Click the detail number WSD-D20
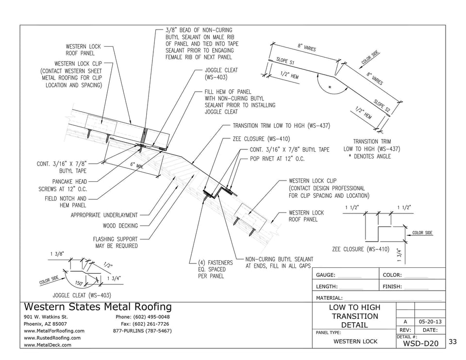(420, 344)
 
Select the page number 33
(452, 342)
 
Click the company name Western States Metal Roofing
(98, 307)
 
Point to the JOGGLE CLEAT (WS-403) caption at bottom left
(82, 295)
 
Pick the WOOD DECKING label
(120, 226)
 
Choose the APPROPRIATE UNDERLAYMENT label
(104, 215)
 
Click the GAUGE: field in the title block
(326, 275)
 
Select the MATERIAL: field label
(330, 298)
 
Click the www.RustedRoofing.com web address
(52, 338)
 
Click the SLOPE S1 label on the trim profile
(285, 64)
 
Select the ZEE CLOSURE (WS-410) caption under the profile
(360, 249)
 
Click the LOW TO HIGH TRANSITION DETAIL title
(354, 316)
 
